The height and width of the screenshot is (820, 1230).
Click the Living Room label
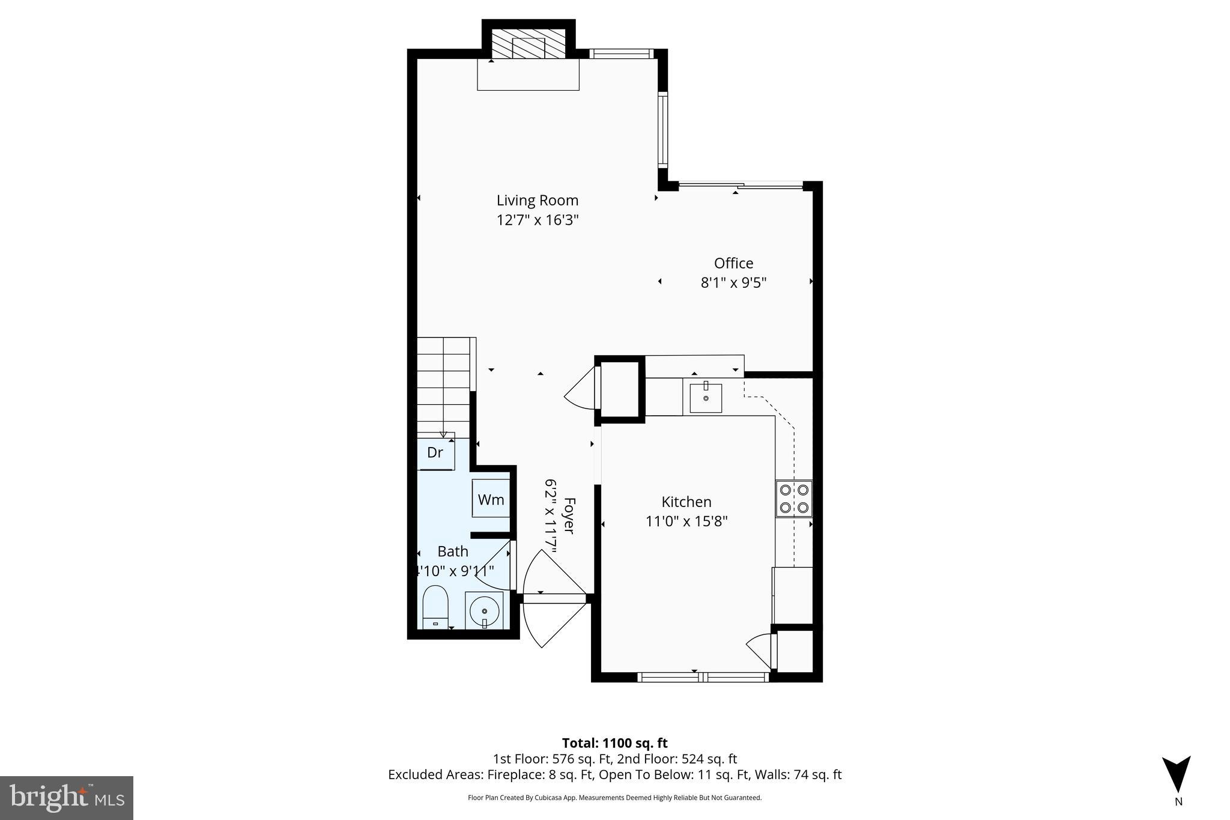pyautogui.click(x=537, y=201)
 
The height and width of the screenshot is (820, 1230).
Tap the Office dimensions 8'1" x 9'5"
pyautogui.click(x=733, y=282)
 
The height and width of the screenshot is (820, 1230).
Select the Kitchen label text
pyautogui.click(x=686, y=502)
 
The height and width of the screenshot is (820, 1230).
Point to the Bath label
pyautogui.click(x=452, y=551)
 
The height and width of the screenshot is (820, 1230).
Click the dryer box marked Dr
pyautogui.click(x=436, y=453)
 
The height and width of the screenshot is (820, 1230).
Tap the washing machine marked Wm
pyautogui.click(x=491, y=499)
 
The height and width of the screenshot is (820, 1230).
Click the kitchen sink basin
pyautogui.click(x=706, y=398)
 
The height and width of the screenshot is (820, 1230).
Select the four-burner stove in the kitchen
pyautogui.click(x=793, y=499)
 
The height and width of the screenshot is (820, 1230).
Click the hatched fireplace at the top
pyautogui.click(x=529, y=44)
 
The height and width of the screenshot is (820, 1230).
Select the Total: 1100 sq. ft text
pyautogui.click(x=614, y=743)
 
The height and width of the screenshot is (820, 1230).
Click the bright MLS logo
pyautogui.click(x=67, y=798)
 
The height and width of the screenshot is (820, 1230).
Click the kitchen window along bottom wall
pyautogui.click(x=703, y=677)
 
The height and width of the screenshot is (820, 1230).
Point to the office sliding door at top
pyautogui.click(x=741, y=186)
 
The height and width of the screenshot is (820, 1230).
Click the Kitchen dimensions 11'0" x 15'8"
pyautogui.click(x=686, y=521)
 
